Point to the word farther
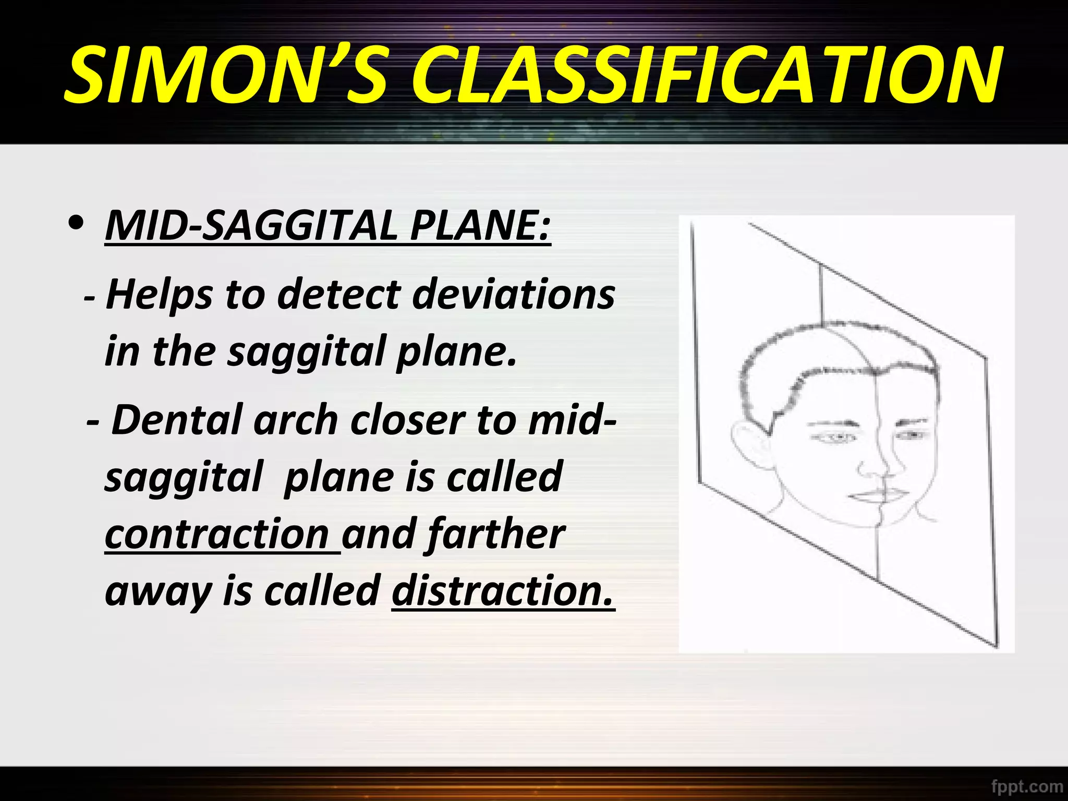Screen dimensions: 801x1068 tap(496, 534)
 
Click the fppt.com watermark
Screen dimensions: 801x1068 tap(1026, 785)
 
